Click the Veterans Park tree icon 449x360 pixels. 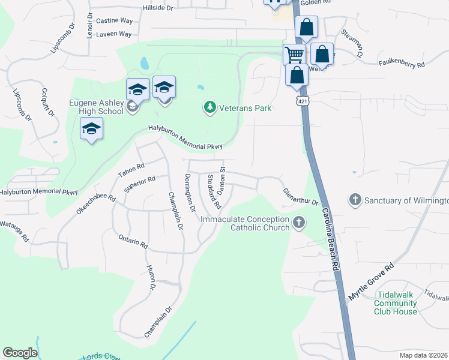pos(209,108)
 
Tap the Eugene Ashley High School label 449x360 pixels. pos(96,107)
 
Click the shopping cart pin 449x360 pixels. pos(294,54)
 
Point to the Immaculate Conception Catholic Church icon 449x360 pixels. pos(298,224)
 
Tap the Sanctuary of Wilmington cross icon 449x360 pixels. pos(355,200)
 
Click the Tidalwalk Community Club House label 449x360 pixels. pos(395,303)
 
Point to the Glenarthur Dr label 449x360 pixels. pos(301,197)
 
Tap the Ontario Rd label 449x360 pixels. pos(133,241)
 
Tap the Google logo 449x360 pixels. pos(20,353)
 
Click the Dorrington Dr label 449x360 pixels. pos(190,193)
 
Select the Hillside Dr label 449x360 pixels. pos(157,8)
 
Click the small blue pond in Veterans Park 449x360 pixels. pos(144,63)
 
